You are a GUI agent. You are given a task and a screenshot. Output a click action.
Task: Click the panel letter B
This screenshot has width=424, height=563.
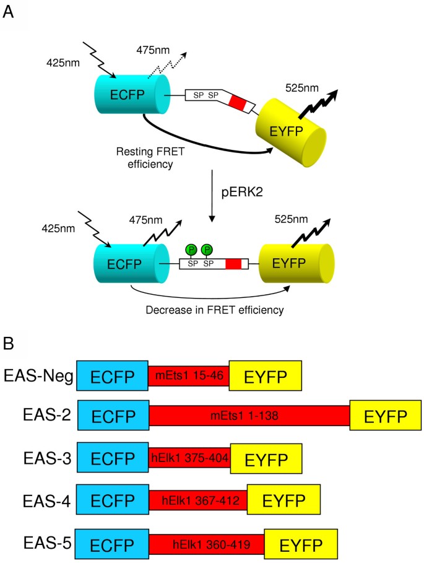pyautogui.click(x=9, y=342)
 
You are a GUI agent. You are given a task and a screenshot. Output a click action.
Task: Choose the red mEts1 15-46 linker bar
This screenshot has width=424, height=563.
pyautogui.click(x=188, y=375)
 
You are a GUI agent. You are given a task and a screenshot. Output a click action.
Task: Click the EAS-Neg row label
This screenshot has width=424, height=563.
pyautogui.click(x=37, y=375)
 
